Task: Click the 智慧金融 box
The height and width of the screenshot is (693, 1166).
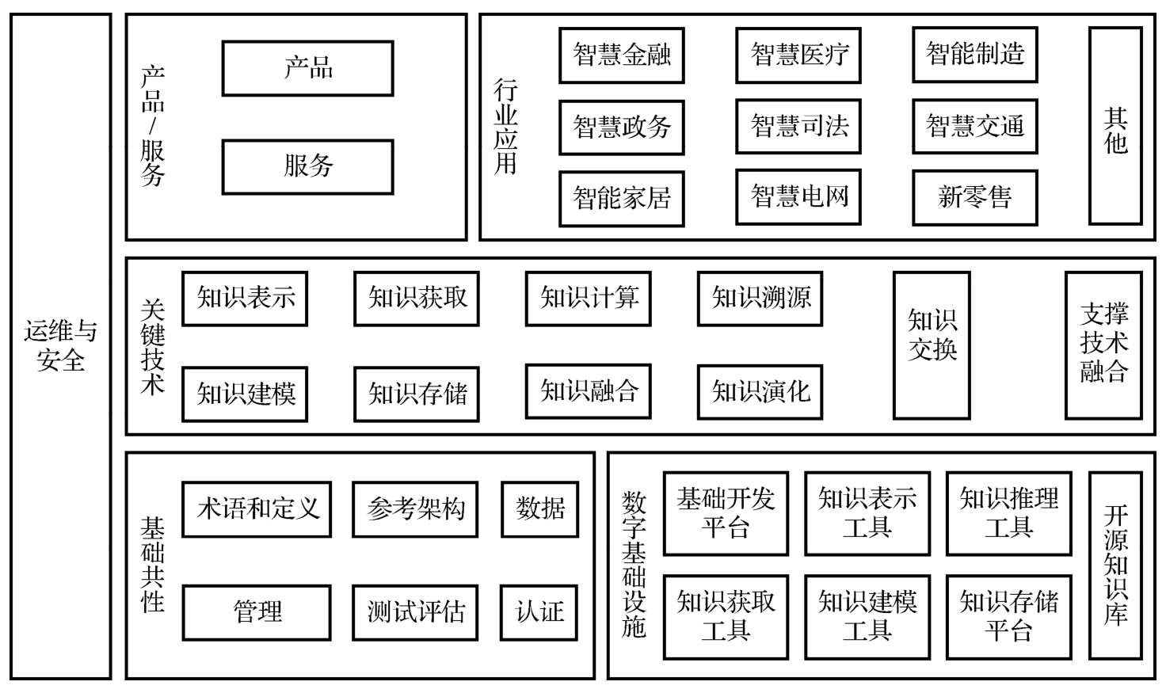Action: pyautogui.click(x=621, y=55)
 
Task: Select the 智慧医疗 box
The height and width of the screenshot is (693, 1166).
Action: pyautogui.click(x=798, y=55)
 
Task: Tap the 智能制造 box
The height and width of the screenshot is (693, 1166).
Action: pyautogui.click(x=974, y=55)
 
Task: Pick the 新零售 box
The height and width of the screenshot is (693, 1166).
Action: pyautogui.click(x=974, y=197)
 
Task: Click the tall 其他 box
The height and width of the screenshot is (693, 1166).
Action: pyautogui.click(x=1115, y=126)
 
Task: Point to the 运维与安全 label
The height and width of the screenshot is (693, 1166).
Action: pyautogui.click(x=60, y=346)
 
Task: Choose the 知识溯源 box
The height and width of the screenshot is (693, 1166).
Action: pyautogui.click(x=760, y=299)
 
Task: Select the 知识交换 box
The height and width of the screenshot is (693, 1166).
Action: pyautogui.click(x=932, y=345)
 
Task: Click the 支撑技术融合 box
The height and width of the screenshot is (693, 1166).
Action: pyautogui.click(x=1103, y=345)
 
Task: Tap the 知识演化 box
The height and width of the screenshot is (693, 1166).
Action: pyautogui.click(x=760, y=391)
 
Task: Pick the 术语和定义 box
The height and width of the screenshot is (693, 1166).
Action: pyautogui.click(x=257, y=509)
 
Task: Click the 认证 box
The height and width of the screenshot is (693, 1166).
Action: pyautogui.click(x=539, y=612)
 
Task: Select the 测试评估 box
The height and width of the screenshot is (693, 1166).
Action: pyautogui.click(x=415, y=612)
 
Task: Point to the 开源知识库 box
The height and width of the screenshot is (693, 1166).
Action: pyautogui.click(x=1115, y=565)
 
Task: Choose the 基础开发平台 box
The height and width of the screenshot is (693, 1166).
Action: pyautogui.click(x=725, y=513)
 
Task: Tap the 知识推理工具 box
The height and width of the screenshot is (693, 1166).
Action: pyautogui.click(x=1008, y=513)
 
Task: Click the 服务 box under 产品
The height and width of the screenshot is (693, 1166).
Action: pyautogui.click(x=307, y=167)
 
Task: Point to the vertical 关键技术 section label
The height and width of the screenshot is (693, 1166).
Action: pyautogui.click(x=152, y=346)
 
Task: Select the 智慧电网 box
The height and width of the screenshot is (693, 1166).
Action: pyautogui.click(x=798, y=196)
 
